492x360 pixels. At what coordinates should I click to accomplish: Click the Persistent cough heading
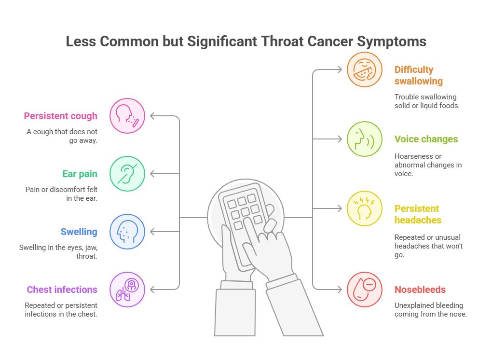[61, 116]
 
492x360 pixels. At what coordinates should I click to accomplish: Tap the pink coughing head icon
[127, 116]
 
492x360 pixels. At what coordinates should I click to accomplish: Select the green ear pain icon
[127, 174]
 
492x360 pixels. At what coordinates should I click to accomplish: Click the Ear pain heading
[80, 174]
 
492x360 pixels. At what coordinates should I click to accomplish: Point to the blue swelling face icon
[127, 232]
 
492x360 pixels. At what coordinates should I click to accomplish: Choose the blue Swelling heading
[79, 232]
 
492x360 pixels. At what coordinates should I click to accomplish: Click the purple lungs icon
[127, 290]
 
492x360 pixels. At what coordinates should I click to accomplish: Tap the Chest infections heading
[62, 290]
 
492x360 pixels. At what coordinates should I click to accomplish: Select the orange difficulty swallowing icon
[365, 69]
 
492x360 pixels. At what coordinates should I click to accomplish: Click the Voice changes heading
[426, 139]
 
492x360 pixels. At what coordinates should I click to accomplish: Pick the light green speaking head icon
[365, 139]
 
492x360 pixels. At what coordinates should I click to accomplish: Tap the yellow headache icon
[365, 208]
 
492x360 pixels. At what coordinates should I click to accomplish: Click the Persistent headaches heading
[417, 214]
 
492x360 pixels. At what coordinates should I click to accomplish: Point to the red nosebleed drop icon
[365, 290]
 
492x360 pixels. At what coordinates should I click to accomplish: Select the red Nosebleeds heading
[420, 290]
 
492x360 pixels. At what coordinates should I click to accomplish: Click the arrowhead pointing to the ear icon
[153, 174]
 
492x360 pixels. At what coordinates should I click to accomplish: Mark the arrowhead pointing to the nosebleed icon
[339, 290]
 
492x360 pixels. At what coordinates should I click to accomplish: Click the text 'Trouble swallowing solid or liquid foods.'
[426, 101]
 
